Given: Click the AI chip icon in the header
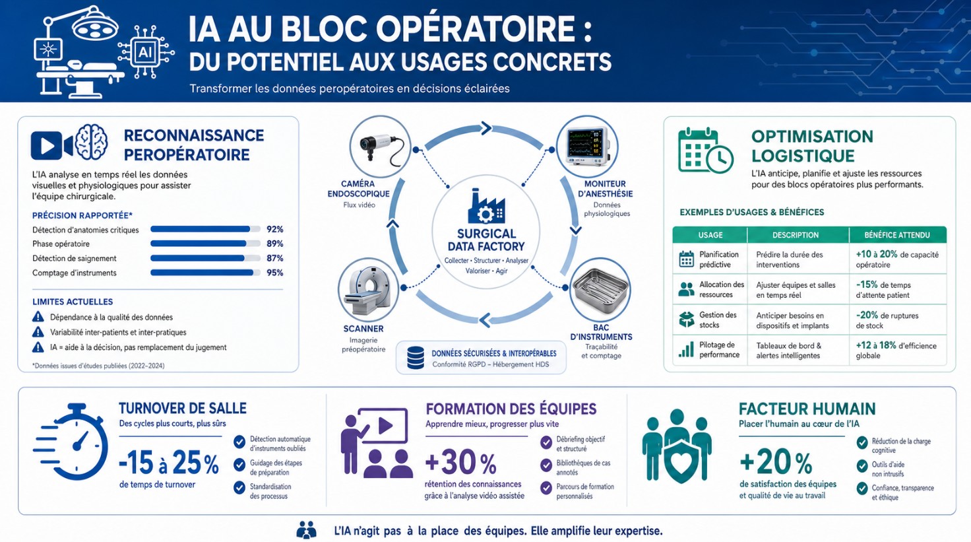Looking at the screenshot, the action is coord(145,53).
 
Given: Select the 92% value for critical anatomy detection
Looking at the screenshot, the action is coord(275,229).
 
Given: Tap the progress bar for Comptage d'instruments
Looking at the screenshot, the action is coord(205,273).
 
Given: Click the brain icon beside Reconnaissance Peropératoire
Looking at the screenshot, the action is coord(91,142).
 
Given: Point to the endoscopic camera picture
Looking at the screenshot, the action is coord(380,147).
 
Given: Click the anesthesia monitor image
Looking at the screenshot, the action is coord(587,147).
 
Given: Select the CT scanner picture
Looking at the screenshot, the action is coord(369,289).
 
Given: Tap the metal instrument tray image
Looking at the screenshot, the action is coord(600,289).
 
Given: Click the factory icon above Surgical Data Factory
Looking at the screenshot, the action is coord(486,207).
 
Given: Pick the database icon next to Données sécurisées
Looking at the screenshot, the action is coord(416,358).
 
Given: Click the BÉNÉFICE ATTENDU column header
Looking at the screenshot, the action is coord(897,235).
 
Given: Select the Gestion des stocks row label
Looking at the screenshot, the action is coord(718,320).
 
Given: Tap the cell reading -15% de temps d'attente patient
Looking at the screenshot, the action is coord(883,290).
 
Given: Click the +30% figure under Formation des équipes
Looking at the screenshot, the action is coord(461,463).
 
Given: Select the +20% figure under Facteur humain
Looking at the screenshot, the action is coord(776,463).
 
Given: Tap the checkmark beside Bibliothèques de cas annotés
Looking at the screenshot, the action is coord(546,465).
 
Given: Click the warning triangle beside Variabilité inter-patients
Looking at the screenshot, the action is coord(38,332).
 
